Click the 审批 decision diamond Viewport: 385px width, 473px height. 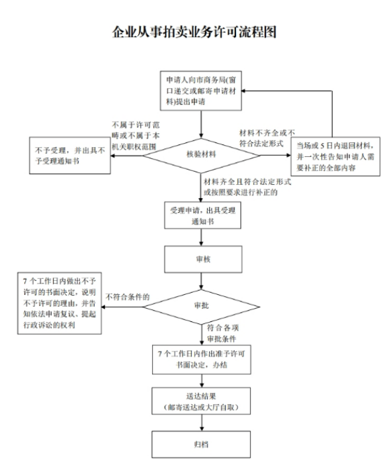click(198, 307)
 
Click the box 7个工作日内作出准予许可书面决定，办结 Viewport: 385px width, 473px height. click(198, 358)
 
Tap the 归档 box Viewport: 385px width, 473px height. click(198, 443)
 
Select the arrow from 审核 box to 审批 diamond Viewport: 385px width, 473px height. click(198, 282)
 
